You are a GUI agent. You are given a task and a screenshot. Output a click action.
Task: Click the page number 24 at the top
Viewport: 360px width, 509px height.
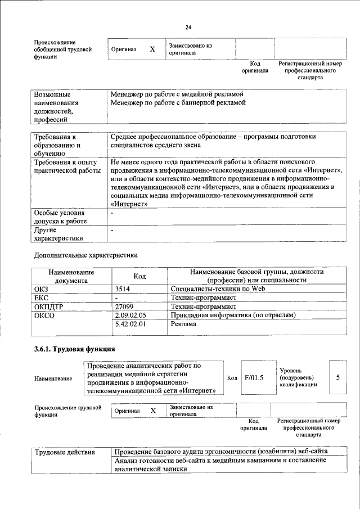(x=188, y=26)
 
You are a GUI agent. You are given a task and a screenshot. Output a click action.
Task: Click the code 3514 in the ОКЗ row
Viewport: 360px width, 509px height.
(x=123, y=289)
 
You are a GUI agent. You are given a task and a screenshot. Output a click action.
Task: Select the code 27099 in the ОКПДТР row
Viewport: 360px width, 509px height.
(x=124, y=307)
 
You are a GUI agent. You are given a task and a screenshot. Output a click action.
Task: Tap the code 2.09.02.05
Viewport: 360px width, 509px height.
(x=130, y=316)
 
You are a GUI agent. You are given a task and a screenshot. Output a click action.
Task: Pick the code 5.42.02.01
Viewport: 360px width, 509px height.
(x=130, y=325)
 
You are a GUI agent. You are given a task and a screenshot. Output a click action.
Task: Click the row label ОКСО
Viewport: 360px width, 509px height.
(x=44, y=316)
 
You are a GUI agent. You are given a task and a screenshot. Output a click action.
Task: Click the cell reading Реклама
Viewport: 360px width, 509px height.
(x=184, y=325)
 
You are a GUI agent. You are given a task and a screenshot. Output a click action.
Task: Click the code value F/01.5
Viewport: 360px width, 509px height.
(x=254, y=377)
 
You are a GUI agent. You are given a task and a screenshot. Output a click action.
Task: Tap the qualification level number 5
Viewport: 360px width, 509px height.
(x=337, y=377)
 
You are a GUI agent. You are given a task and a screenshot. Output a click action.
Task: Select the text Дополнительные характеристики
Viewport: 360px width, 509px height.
(x=85, y=255)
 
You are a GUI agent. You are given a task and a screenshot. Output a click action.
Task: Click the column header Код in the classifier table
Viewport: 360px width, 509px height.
(x=139, y=276)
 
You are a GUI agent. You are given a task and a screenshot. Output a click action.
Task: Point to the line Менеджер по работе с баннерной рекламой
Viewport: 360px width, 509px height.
(x=178, y=103)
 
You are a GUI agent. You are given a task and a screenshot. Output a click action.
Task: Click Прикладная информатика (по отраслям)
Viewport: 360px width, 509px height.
(x=233, y=316)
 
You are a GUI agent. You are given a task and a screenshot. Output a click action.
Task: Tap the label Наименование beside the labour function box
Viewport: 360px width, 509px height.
(x=53, y=379)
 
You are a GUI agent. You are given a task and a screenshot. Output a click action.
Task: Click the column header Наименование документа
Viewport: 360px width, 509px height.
(x=71, y=276)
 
